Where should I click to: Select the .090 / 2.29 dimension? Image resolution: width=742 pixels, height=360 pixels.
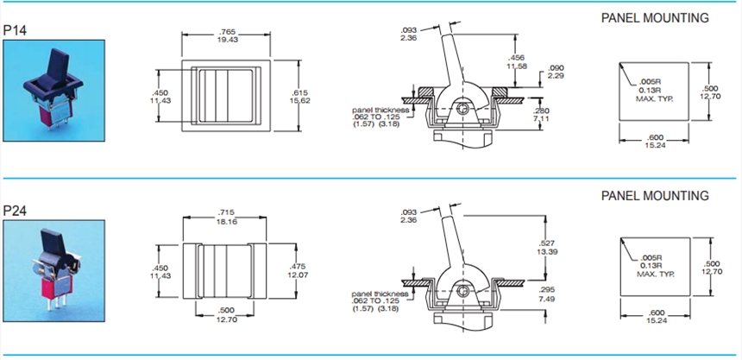pyautogui.click(x=556, y=72)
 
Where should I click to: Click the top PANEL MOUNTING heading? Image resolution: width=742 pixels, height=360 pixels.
pyautogui.click(x=655, y=17)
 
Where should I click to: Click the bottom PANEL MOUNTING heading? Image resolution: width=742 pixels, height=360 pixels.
pyautogui.click(x=655, y=196)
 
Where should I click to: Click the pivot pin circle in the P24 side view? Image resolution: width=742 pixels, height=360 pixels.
pyautogui.click(x=464, y=293)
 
